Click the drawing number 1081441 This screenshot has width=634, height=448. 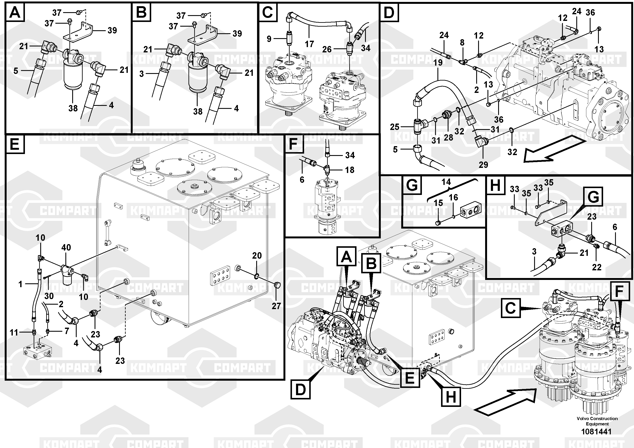click(x=597, y=431)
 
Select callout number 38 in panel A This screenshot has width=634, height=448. click(x=73, y=108)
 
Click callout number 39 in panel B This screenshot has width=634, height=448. click(x=237, y=33)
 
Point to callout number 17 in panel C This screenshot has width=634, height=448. click(x=309, y=44)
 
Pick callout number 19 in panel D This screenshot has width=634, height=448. click(x=438, y=62)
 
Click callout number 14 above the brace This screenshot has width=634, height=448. click(x=446, y=182)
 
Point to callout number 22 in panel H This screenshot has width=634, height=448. click(x=597, y=267)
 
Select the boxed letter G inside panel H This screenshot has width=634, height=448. click(x=593, y=197)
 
